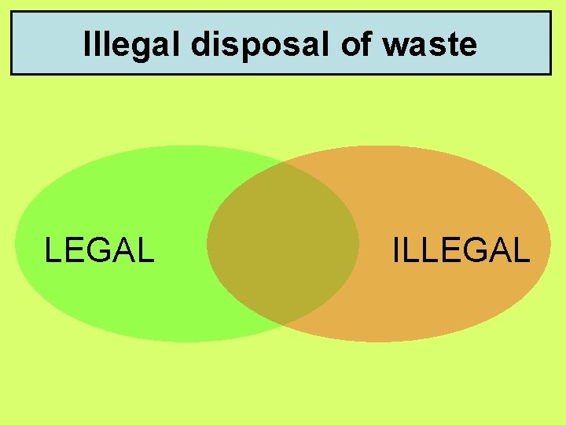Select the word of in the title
356,45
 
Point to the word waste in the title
430,45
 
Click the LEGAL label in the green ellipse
99,250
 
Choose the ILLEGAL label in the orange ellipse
461,250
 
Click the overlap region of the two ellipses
283,244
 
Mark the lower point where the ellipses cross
285,324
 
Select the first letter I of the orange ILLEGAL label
395,250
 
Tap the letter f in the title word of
366,45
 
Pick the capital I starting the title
86,45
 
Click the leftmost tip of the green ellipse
16,244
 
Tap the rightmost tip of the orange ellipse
550,244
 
